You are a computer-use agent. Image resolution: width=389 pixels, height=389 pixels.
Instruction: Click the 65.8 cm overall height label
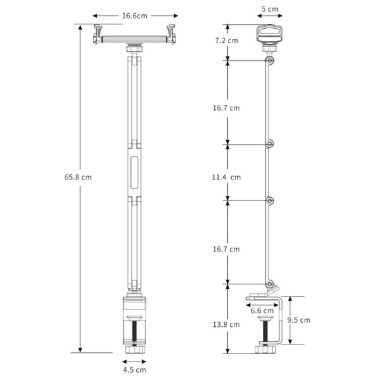click(78, 177)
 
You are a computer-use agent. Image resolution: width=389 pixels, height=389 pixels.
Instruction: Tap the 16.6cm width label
click(134, 16)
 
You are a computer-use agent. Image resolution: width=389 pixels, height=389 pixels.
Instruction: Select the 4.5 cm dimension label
click(134, 370)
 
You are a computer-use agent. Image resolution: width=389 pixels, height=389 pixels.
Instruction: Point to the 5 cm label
click(270, 9)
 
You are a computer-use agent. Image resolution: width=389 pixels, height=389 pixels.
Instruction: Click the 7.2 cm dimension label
click(227, 41)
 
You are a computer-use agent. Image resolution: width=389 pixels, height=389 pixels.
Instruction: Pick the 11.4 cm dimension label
click(226, 177)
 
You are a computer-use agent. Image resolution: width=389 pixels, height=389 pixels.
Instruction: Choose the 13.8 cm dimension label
click(226, 325)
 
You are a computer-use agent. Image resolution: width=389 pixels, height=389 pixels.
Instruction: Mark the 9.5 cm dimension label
click(299, 320)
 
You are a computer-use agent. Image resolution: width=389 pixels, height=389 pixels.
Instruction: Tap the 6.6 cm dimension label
click(262, 310)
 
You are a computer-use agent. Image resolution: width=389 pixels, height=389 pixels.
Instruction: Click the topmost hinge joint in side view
click(270, 60)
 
